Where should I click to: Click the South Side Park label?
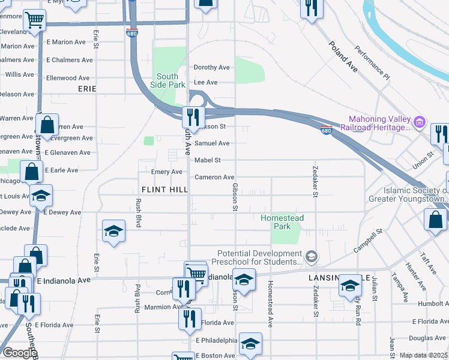point(167,80)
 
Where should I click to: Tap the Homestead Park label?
point(282,222)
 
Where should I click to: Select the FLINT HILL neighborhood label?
point(164,189)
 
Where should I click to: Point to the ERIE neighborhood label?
point(87,88)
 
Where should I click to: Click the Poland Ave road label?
point(343,57)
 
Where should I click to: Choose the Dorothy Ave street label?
point(212,68)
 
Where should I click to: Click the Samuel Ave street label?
point(212,143)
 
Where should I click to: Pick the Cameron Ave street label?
point(214,178)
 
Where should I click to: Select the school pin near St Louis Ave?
point(41,196)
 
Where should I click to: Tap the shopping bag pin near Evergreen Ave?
point(47,126)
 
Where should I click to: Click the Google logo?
point(19,353)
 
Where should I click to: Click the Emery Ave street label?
point(166,172)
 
